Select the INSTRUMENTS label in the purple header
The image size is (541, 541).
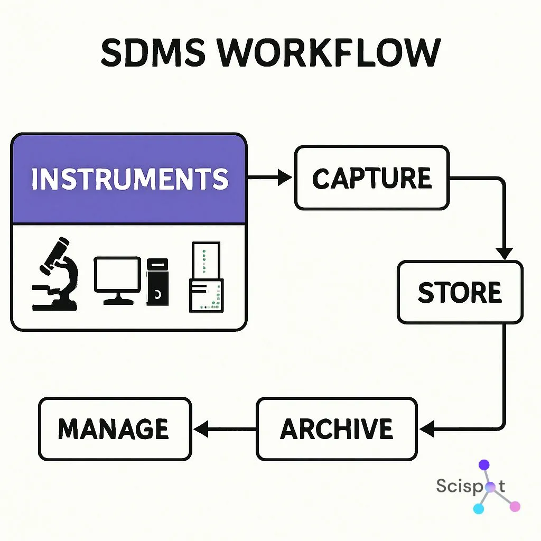point(129,180)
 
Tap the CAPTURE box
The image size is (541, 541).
point(371,178)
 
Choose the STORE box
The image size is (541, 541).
point(460,292)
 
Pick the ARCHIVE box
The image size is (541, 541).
point(337,428)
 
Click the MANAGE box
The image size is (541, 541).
point(115,428)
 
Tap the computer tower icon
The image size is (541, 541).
point(157,282)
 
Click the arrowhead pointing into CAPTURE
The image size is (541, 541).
point(285,178)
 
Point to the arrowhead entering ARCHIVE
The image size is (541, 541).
point(426,428)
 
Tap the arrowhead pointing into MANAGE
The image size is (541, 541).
point(200,428)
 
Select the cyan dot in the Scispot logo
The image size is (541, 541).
point(479,508)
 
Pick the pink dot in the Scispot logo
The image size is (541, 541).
point(515,506)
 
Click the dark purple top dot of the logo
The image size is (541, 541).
point(484,465)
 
